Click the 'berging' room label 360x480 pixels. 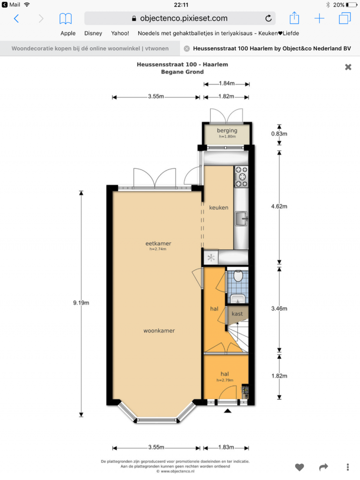point(227,131)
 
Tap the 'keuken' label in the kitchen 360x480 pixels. point(219,207)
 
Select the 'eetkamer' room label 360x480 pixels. point(158,243)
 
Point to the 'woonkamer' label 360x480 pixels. point(159,331)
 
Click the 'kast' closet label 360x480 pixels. point(237,314)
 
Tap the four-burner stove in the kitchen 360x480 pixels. point(241,177)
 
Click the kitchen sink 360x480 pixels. point(242,219)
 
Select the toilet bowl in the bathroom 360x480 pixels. point(238,276)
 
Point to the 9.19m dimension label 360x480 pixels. point(81,303)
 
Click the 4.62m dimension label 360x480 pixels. point(279,206)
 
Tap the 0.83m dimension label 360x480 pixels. point(279,134)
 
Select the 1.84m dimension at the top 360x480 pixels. point(227,83)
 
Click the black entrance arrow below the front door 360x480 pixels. point(227,411)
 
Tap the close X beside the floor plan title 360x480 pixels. point(348,67)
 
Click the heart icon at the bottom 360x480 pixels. point(299,467)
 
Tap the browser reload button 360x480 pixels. point(269,18)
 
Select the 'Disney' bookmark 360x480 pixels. point(93,33)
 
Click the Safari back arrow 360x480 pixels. point(17,19)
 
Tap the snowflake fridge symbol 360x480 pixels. point(211,258)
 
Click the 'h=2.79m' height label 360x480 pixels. point(225,380)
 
